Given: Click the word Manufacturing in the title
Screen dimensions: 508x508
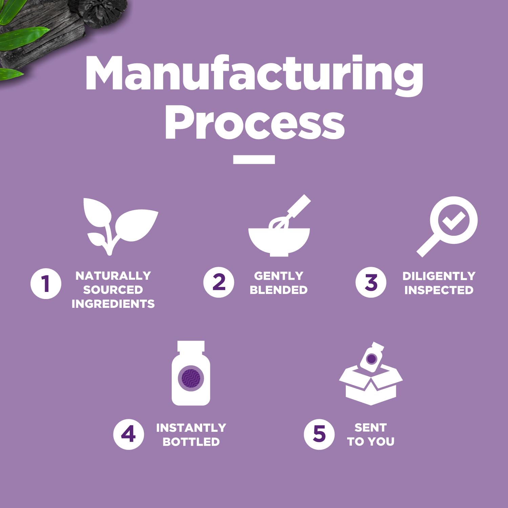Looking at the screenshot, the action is [x=254, y=75].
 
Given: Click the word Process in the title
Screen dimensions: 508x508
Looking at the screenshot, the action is [x=255, y=122].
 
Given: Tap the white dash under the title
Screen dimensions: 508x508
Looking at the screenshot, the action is [x=254, y=160].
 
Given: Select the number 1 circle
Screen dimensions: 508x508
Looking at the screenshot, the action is [x=46, y=283].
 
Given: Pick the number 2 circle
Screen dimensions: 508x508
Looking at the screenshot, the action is [x=219, y=282].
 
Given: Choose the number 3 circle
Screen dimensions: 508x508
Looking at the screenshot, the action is [x=371, y=282].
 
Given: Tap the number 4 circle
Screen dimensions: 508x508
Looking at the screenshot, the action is [x=128, y=434].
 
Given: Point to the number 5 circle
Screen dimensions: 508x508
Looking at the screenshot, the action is [x=319, y=434].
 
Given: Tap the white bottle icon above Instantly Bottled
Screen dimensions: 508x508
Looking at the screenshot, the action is [x=191, y=373].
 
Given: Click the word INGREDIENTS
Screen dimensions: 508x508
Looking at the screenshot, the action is [x=113, y=304].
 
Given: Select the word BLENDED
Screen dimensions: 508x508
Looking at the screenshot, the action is [x=279, y=290].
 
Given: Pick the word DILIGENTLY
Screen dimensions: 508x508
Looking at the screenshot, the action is [x=439, y=276].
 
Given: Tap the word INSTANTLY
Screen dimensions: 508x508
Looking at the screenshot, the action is [x=191, y=428].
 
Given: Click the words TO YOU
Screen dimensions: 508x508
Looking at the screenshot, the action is [x=371, y=442].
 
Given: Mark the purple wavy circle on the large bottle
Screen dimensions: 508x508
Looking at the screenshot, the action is [x=191, y=378].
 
